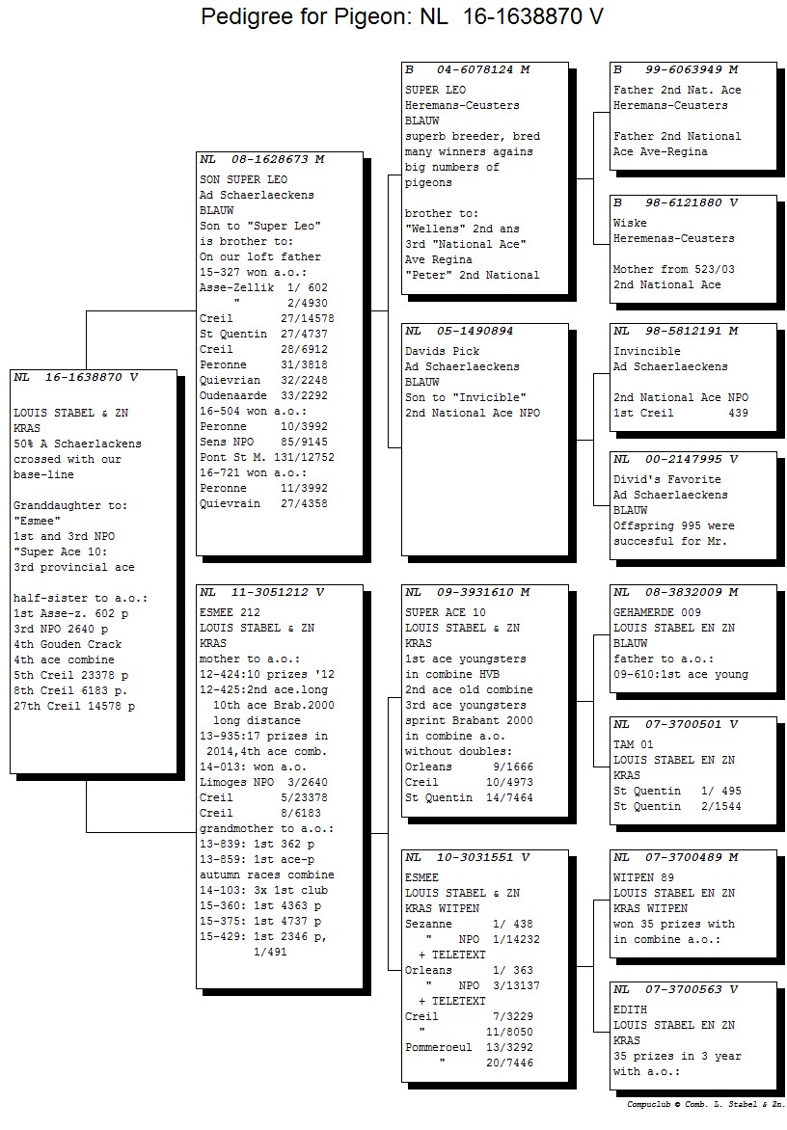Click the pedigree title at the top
click(x=401, y=15)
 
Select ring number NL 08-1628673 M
click(x=262, y=159)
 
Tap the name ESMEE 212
click(x=230, y=612)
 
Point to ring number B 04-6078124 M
click(x=467, y=70)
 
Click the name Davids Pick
click(x=442, y=352)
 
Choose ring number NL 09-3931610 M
click(x=467, y=592)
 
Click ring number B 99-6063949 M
click(x=675, y=70)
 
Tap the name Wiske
click(x=630, y=224)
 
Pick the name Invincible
click(x=646, y=352)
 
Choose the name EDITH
click(x=630, y=1010)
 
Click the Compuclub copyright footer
click(x=705, y=1104)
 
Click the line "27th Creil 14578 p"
click(x=74, y=706)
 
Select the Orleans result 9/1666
click(x=512, y=767)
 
